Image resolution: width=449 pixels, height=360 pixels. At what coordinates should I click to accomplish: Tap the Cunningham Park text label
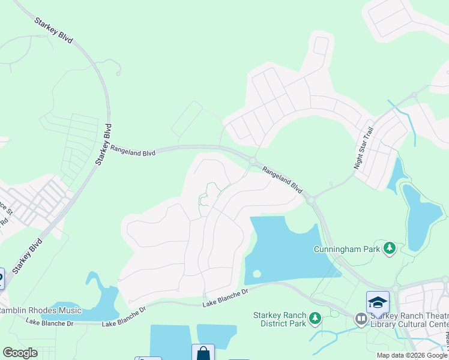tap(348, 248)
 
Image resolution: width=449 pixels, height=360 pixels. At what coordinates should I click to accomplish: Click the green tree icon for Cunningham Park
tap(390, 248)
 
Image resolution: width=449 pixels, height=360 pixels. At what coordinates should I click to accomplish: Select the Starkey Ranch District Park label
tap(280, 319)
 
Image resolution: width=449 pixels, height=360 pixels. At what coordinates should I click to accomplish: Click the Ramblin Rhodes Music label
tap(40, 310)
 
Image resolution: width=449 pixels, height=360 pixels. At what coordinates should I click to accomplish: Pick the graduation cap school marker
tap(378, 302)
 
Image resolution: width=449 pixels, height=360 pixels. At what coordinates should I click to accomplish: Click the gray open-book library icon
tap(361, 319)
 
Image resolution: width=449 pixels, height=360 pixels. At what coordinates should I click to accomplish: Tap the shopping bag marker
tap(203, 353)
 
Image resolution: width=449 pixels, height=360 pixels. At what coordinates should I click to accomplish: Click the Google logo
tap(20, 353)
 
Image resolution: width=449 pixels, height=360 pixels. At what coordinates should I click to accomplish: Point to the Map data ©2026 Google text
tap(412, 355)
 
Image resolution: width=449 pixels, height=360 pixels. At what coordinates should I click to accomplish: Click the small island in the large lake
tap(257, 274)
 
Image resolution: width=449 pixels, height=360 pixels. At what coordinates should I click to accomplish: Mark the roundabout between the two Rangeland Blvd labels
tap(253, 160)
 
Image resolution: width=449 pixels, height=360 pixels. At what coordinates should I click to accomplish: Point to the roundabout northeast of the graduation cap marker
tap(445, 279)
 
